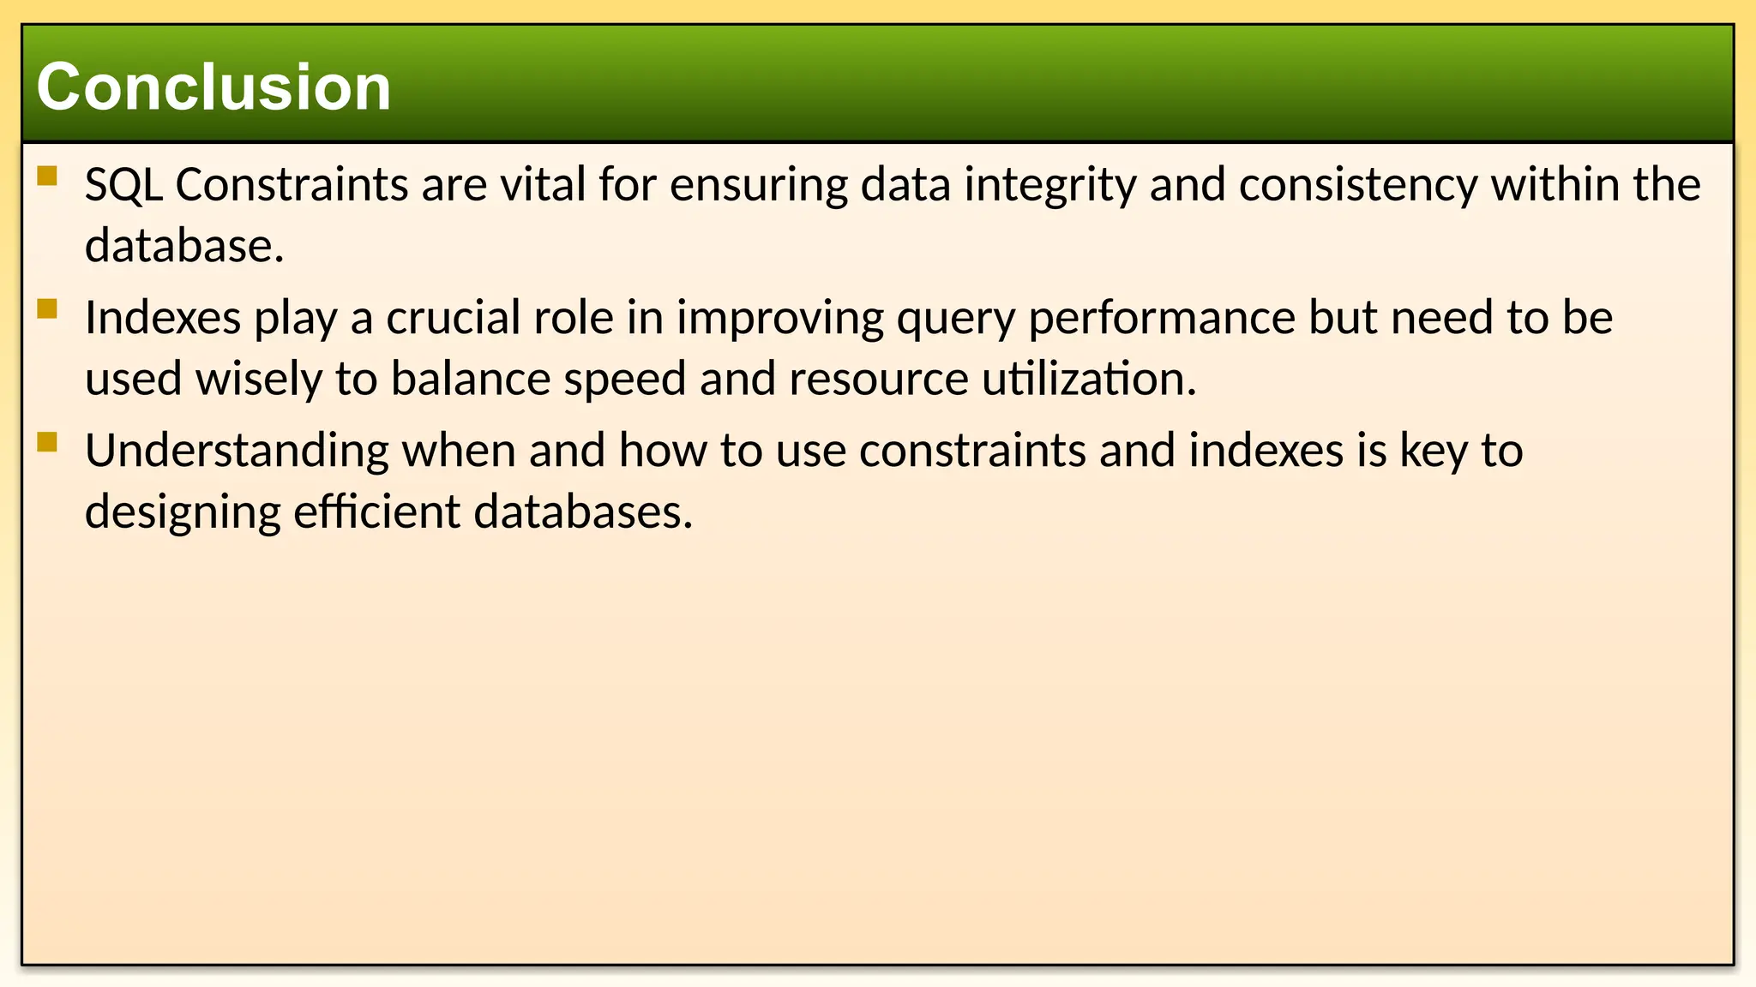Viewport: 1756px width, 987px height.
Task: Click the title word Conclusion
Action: (x=213, y=87)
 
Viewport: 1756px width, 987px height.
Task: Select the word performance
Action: (x=1162, y=319)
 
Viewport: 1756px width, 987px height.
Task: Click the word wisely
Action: (x=259, y=380)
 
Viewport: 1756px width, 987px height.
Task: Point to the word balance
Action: (x=471, y=379)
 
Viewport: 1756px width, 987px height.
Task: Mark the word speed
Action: (x=624, y=380)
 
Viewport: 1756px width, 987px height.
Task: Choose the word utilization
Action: (x=1089, y=379)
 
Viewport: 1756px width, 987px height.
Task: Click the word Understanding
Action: (x=237, y=452)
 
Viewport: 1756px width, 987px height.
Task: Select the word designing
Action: (x=183, y=513)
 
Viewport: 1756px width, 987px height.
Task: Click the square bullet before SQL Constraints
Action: (x=47, y=176)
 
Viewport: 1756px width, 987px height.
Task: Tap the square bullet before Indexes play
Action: (x=47, y=308)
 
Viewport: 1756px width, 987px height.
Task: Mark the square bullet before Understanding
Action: (x=47, y=441)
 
